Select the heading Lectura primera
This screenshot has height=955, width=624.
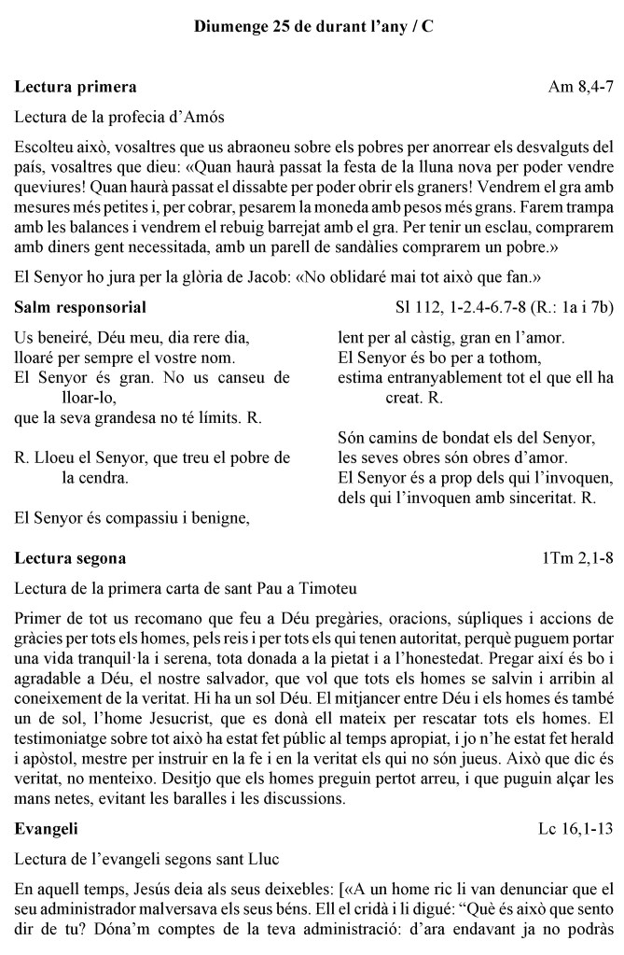pyautogui.click(x=76, y=88)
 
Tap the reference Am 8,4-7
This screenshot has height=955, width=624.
pyautogui.click(x=580, y=88)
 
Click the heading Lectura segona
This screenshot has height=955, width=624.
pyautogui.click(x=71, y=558)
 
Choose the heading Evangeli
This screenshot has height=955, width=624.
pyautogui.click(x=47, y=854)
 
